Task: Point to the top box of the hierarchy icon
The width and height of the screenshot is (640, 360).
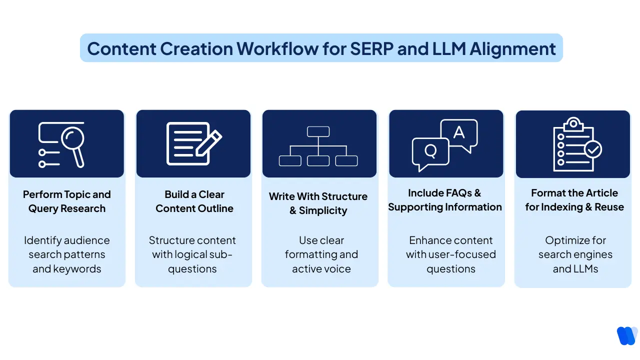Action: (318, 131)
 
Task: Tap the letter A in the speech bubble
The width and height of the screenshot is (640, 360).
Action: (458, 132)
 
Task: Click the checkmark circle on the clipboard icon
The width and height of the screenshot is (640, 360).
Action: (593, 149)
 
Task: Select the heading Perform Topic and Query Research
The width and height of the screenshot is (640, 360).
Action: (67, 201)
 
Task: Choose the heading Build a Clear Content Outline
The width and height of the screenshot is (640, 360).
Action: (194, 201)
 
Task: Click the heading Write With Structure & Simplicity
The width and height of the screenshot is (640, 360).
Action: (318, 203)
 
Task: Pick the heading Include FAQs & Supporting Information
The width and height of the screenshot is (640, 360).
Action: (445, 200)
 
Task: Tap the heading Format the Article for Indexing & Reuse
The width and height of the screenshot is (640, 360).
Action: (574, 200)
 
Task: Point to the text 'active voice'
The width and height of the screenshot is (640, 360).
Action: (321, 269)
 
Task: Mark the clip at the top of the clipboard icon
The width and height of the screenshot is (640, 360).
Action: (573, 122)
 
